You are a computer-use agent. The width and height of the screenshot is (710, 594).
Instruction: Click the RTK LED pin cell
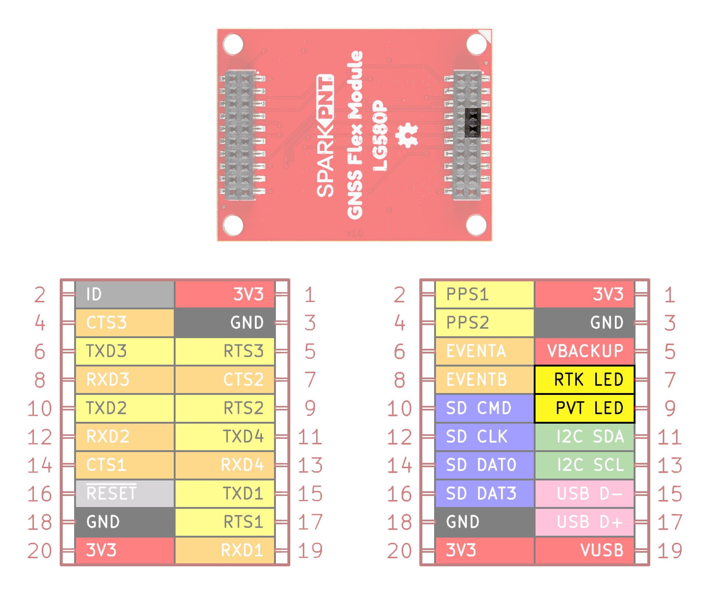pos(584,379)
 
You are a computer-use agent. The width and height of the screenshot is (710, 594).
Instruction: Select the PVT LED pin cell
pos(584,408)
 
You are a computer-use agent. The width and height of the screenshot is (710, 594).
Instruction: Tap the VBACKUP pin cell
pos(584,351)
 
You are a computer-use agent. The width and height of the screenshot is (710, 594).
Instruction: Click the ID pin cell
pos(125,294)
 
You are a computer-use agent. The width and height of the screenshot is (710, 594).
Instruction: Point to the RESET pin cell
pos(125,493)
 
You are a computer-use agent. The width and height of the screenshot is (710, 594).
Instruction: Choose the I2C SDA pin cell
pos(584,437)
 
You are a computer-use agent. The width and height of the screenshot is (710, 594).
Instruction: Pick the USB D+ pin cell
pos(584,522)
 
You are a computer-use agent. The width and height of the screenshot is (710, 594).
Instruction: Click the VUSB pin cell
pos(584,550)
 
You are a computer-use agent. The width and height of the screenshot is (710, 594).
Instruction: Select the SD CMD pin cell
pos(485,408)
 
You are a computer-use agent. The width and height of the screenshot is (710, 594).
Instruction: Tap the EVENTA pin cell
pos(485,351)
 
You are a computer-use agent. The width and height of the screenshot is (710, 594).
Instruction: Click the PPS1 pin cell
pos(485,294)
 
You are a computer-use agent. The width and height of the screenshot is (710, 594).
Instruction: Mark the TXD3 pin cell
pos(125,351)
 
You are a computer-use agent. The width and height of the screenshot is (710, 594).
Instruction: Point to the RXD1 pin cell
pos(225,550)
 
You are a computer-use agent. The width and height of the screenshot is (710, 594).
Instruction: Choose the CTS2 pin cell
pos(225,379)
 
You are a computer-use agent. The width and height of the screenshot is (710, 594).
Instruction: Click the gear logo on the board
pos(407,135)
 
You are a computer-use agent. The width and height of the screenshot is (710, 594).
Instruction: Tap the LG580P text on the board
pos(380,136)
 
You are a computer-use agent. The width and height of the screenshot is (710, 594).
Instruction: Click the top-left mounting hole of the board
pos(233,44)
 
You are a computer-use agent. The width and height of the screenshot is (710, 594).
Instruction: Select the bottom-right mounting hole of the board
pos(476,225)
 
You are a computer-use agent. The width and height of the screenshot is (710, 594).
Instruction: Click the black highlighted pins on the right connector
pos(472,122)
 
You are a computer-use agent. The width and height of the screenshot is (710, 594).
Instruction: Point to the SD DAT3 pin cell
pos(485,493)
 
